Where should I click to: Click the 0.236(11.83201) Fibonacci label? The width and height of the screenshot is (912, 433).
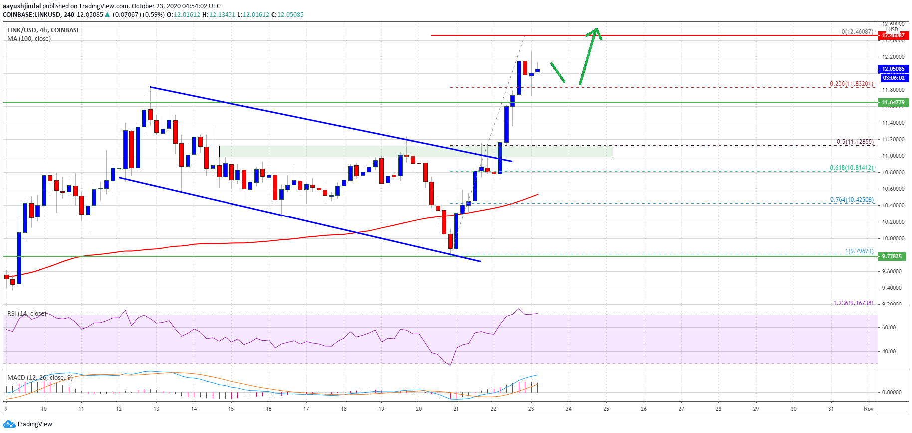(x=851, y=84)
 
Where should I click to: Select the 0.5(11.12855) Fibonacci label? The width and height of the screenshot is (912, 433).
(x=855, y=142)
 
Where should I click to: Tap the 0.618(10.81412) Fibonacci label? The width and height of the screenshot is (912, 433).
(x=851, y=168)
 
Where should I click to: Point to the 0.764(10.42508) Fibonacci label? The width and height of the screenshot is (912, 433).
(x=852, y=200)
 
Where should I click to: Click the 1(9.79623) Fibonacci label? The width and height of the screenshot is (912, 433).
(x=859, y=251)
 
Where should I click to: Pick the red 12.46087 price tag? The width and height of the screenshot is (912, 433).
(x=893, y=35)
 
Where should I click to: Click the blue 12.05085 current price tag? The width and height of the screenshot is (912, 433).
(x=893, y=69)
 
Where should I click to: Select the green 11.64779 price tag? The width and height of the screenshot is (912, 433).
(x=893, y=102)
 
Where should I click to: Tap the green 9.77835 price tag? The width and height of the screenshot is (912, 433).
(x=893, y=256)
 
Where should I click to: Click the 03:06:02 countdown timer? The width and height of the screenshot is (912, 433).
(x=893, y=78)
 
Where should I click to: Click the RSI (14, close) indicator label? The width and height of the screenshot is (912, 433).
(x=26, y=314)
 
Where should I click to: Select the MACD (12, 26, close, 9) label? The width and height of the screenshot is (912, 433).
(x=40, y=377)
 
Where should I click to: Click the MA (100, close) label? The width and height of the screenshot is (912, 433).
(x=29, y=39)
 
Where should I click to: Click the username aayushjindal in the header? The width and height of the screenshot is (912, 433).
(x=22, y=6)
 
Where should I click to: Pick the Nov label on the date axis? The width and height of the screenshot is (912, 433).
(x=869, y=409)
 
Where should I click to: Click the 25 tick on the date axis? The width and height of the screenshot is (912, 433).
(x=606, y=409)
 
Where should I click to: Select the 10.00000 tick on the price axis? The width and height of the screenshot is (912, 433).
(x=893, y=238)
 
